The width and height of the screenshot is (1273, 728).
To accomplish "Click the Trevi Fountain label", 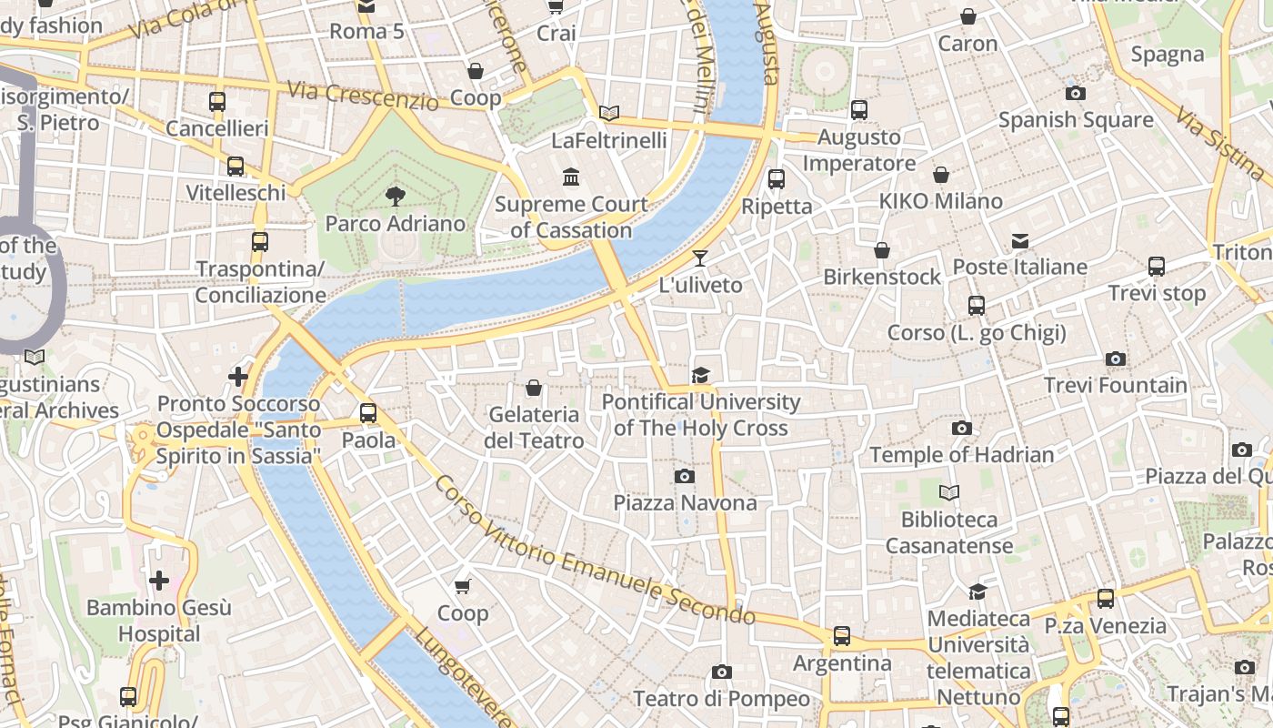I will pyautogui.click(x=1115, y=385).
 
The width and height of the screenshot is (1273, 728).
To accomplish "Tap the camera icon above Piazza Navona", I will pyautogui.click(x=685, y=476).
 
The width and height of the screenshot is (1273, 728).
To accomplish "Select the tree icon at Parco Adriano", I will pyautogui.click(x=395, y=196).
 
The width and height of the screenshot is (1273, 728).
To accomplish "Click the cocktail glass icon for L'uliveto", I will pyautogui.click(x=700, y=258).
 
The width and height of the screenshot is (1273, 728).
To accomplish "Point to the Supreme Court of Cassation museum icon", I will pyautogui.click(x=571, y=177).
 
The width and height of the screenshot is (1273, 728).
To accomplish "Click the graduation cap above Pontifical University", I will pyautogui.click(x=700, y=375).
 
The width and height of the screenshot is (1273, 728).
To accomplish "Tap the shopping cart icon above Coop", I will pyautogui.click(x=463, y=586).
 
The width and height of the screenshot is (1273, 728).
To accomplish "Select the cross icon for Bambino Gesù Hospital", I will pyautogui.click(x=159, y=580).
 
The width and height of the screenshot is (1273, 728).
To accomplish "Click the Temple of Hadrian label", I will pyautogui.click(x=961, y=454).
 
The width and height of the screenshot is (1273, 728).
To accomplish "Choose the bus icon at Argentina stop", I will pyautogui.click(x=842, y=636).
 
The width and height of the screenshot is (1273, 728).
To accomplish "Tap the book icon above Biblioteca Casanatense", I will pyautogui.click(x=949, y=492).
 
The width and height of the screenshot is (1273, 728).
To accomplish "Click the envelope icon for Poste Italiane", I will pyautogui.click(x=1020, y=241).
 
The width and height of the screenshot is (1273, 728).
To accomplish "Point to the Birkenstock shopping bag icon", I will pyautogui.click(x=881, y=250).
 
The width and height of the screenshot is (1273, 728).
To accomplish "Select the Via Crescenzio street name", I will pyautogui.click(x=363, y=96).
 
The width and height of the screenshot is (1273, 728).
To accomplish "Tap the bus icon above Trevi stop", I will pyautogui.click(x=1157, y=267).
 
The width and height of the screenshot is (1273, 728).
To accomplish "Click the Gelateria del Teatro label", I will pyautogui.click(x=535, y=428).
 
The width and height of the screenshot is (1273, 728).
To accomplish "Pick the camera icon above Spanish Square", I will pyautogui.click(x=1075, y=93).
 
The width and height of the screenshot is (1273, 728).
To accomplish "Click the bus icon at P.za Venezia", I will pyautogui.click(x=1106, y=599).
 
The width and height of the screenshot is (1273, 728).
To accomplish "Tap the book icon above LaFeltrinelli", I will pyautogui.click(x=609, y=113).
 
